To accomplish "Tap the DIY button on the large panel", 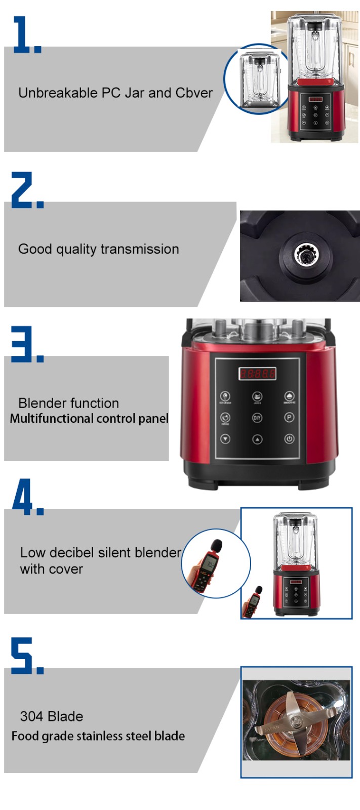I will [x=257, y=418].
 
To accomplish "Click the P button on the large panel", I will [x=289, y=418].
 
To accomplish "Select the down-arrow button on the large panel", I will [x=225, y=439].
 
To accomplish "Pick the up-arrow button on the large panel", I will [x=257, y=439].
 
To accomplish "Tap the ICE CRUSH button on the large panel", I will [x=225, y=396].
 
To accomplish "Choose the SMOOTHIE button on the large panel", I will [x=289, y=396].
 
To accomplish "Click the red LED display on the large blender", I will [x=258, y=374].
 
